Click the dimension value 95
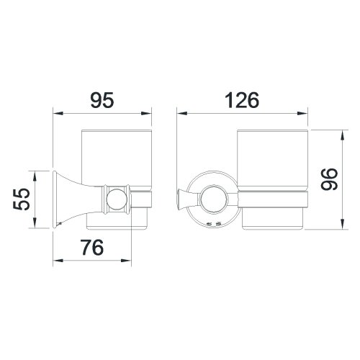[104, 99]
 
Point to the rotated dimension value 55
[24, 198]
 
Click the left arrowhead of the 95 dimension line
[58, 113]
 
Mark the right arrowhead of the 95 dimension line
[149, 113]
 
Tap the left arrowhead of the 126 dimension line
[181, 113]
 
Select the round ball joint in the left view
[114, 198]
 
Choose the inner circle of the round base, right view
[213, 198]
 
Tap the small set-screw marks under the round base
[212, 225]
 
